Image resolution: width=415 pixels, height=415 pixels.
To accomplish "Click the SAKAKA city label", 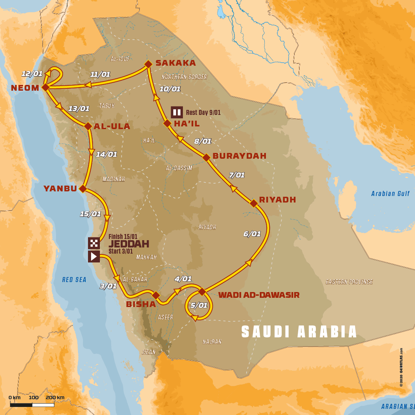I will click(x=176, y=63).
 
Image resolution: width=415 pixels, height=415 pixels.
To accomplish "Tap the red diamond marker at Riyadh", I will click(x=254, y=203).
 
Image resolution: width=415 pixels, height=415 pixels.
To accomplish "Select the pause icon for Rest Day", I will click(x=177, y=112).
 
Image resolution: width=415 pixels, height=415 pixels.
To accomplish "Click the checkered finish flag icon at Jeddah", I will click(x=94, y=243).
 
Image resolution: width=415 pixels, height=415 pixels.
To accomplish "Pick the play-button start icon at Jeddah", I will click(x=94, y=256).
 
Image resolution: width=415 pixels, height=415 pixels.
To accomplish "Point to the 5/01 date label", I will click(x=199, y=305).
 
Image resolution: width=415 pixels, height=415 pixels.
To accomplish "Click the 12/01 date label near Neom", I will click(x=32, y=74).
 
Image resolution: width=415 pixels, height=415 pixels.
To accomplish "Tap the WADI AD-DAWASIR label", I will click(x=259, y=295).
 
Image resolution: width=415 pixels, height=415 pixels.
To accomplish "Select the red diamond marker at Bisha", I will click(x=156, y=295).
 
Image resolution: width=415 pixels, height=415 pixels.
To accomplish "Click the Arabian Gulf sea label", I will click(x=390, y=194).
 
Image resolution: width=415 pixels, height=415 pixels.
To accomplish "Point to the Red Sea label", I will click(x=74, y=280).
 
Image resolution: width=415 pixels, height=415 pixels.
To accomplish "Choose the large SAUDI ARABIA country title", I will click(x=299, y=332).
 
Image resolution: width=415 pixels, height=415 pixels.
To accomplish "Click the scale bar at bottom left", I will click(x=32, y=405).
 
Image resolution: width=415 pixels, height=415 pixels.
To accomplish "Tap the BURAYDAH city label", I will click(x=239, y=156).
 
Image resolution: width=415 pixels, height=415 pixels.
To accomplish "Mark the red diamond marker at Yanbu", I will click(x=83, y=188).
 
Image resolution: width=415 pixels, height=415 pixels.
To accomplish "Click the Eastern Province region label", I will click(x=349, y=282).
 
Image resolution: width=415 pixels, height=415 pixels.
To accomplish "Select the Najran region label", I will click(x=212, y=341).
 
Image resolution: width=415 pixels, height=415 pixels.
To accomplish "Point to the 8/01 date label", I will click(x=203, y=141).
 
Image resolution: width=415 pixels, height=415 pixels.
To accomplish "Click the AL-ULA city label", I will click(x=112, y=126).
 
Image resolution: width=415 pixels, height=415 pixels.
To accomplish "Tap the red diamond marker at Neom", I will click(x=45, y=88).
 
